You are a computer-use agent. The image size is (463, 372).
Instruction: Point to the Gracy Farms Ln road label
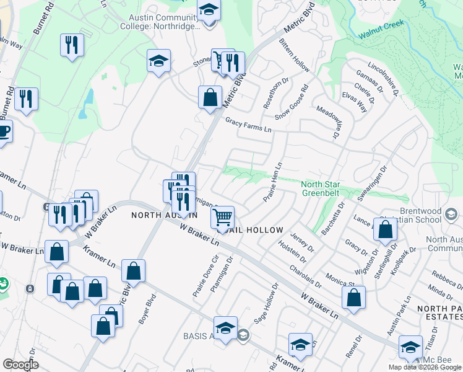(x=248, y=126)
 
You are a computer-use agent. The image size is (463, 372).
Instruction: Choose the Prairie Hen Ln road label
(x=273, y=180)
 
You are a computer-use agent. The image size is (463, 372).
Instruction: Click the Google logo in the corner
(x=20, y=365)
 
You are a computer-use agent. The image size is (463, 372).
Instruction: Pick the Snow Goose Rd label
(x=300, y=102)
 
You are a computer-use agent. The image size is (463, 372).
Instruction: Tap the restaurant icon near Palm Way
(x=72, y=45)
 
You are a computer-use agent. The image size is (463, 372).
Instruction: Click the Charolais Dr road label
(x=306, y=276)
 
